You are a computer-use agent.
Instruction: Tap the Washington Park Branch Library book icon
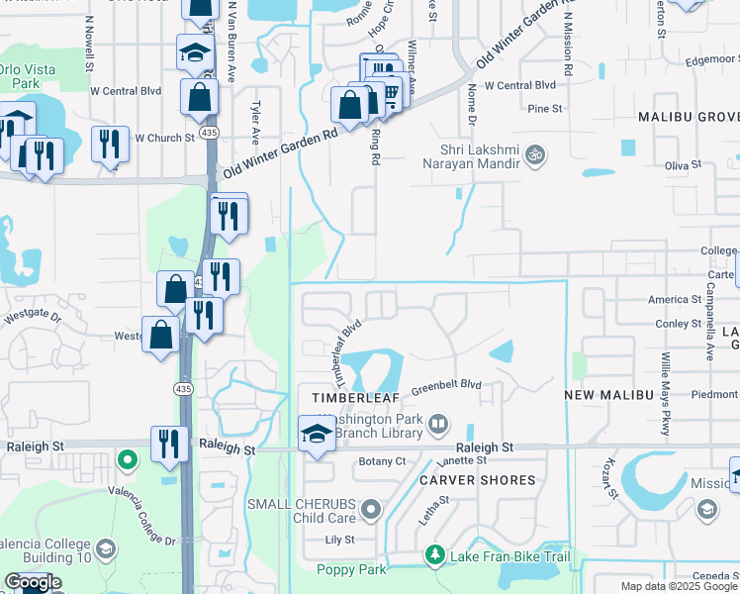(439, 426)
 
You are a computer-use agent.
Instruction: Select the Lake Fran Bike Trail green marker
(432, 556)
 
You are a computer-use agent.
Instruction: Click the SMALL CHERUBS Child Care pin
(371, 511)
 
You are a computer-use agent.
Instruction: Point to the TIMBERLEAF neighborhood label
(355, 396)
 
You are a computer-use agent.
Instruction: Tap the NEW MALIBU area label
(608, 395)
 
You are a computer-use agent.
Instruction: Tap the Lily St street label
(340, 541)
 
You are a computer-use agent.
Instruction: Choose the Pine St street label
(545, 109)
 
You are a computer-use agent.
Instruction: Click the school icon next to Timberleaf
(317, 434)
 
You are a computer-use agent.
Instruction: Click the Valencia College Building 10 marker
(107, 547)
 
